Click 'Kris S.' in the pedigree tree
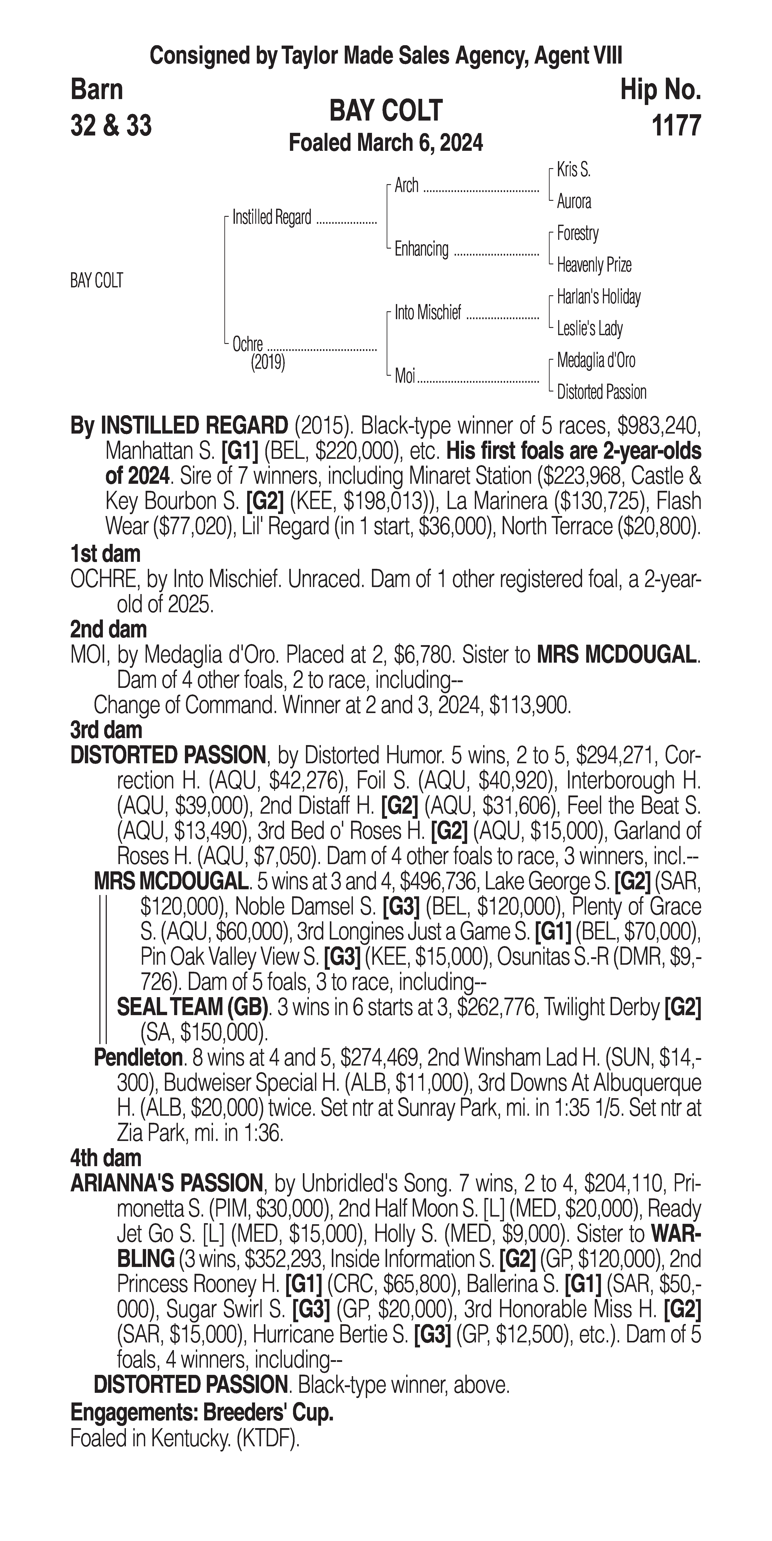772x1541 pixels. (573, 170)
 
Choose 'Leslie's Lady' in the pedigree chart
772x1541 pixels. (590, 328)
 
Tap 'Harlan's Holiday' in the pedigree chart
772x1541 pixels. (599, 297)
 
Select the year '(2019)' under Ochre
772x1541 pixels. (268, 363)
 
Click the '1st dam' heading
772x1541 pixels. (105, 554)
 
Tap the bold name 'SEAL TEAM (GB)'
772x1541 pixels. (192, 1007)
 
